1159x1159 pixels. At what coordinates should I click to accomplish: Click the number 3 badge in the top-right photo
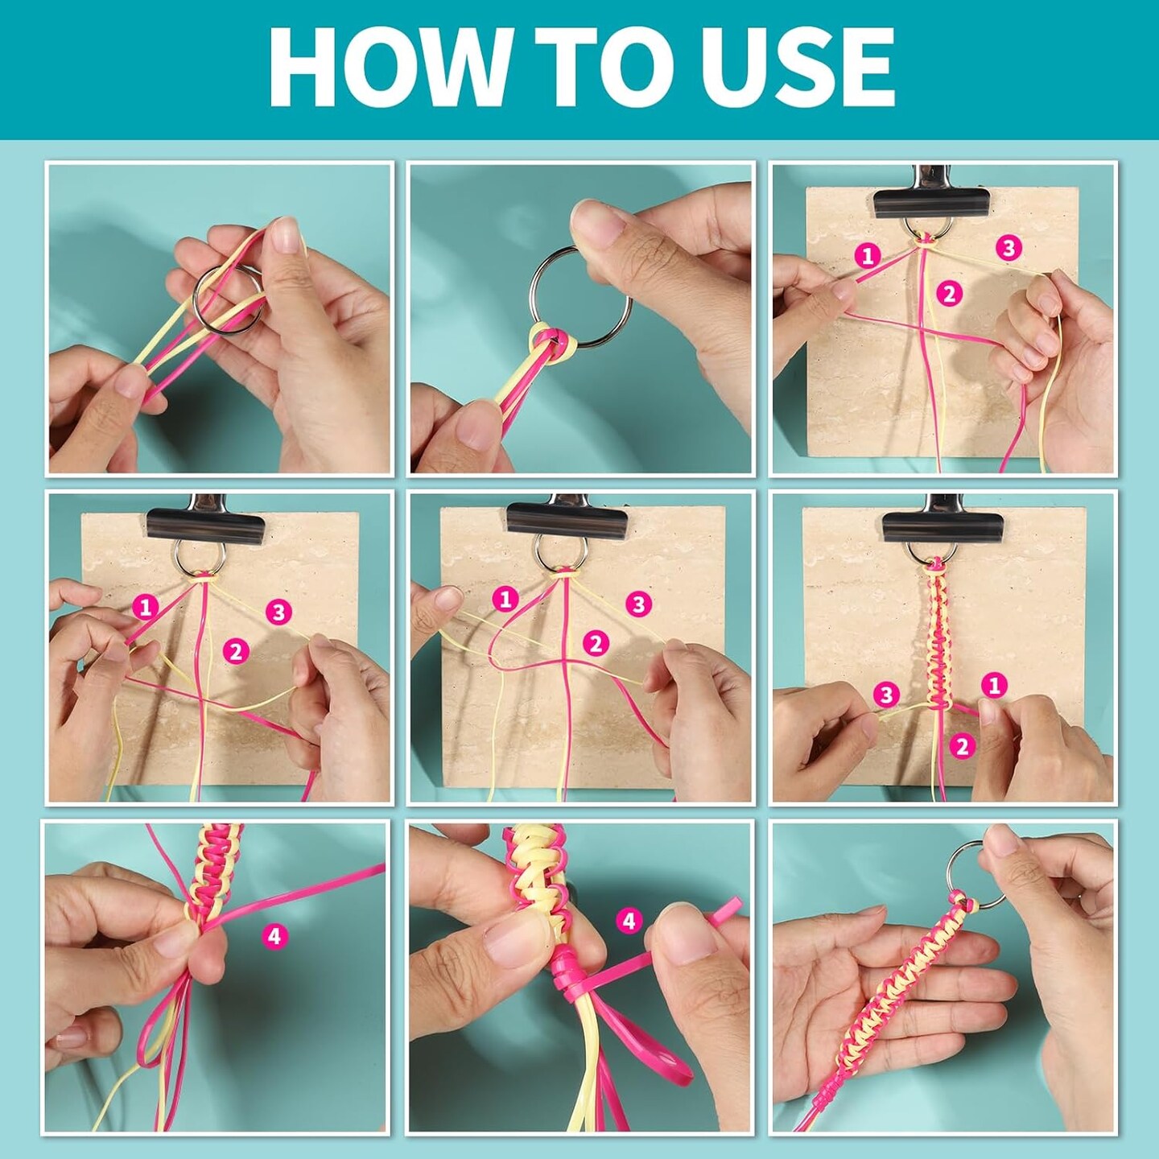point(1008,248)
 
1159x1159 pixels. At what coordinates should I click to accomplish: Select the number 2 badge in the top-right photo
point(950,294)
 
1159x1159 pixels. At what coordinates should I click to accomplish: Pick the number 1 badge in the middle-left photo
point(145,608)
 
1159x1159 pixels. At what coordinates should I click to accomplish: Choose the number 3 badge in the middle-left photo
point(278,612)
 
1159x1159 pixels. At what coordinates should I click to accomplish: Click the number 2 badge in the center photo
point(596,644)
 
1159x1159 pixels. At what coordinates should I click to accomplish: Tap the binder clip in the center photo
point(565,519)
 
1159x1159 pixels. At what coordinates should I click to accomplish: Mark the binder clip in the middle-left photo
point(204,520)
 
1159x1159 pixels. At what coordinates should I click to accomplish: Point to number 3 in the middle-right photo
point(886,695)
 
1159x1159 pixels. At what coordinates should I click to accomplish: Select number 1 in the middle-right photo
point(993,685)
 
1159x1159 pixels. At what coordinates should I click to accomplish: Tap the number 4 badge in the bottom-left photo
point(275,936)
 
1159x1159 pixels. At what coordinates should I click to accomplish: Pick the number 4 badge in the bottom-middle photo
point(629,921)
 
